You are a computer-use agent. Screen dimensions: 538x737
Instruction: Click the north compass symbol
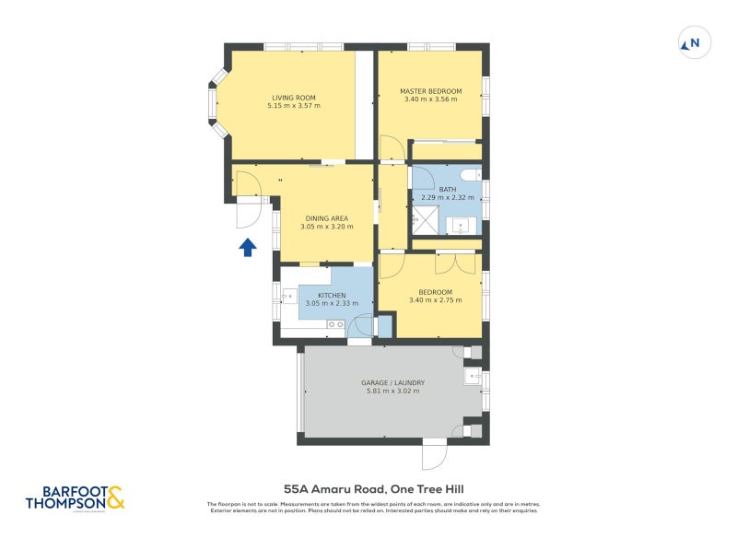tap(690, 42)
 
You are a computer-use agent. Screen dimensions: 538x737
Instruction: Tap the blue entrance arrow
tap(247, 247)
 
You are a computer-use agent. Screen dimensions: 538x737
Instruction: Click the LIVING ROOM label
tap(294, 98)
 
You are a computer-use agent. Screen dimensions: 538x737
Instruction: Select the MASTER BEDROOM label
tap(430, 91)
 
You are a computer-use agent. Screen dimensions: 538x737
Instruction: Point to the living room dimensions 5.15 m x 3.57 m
tap(294, 106)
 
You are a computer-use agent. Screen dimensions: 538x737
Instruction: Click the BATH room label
tap(448, 189)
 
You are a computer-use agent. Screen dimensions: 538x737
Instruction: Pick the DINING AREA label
tap(327, 218)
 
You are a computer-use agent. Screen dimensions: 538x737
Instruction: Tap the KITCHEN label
tap(327, 296)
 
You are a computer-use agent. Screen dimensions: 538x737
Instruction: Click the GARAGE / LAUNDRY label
tap(392, 382)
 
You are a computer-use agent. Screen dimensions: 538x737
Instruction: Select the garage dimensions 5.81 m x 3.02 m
tap(392, 392)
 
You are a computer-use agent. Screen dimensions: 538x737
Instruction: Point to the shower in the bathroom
tap(425, 219)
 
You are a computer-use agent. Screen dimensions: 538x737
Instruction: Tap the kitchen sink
tap(282, 298)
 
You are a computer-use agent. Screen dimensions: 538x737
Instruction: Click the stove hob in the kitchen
tap(335, 324)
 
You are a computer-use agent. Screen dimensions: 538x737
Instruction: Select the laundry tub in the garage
tap(474, 375)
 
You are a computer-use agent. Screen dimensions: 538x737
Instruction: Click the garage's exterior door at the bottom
tap(434, 455)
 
